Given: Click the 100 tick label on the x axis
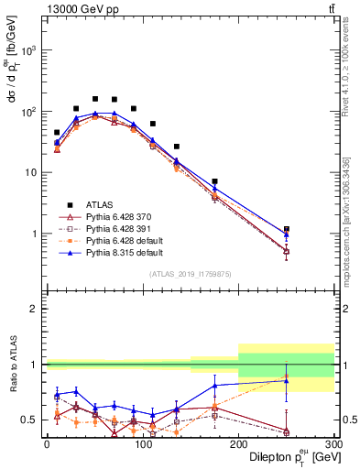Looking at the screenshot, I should tap(142, 443).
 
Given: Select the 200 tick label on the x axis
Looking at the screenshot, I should tap(238, 443).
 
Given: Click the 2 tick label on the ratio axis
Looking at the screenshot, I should tap(35, 309).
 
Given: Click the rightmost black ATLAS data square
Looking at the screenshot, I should tap(287, 229).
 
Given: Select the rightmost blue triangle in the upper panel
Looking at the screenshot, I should tap(287, 234).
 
